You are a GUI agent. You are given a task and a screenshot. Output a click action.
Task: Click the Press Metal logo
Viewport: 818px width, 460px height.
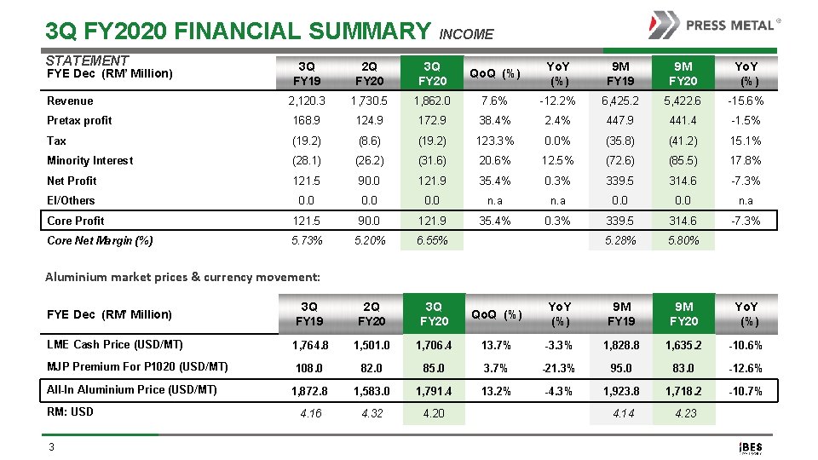[714, 25]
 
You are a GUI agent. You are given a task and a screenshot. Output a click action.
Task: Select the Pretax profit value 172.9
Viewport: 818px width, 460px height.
[434, 120]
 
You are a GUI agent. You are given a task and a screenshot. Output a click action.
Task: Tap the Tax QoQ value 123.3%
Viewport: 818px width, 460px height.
[497, 141]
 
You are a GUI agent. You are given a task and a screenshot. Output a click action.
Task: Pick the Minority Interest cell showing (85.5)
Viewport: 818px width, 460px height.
[683, 160]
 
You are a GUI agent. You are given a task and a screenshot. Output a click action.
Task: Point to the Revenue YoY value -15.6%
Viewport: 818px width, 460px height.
[746, 101]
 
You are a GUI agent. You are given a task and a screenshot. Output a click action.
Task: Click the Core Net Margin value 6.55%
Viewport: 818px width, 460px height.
[434, 240]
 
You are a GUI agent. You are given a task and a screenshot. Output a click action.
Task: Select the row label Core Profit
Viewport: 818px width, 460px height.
[76, 221]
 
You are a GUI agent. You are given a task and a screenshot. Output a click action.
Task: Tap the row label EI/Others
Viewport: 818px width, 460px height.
[71, 200]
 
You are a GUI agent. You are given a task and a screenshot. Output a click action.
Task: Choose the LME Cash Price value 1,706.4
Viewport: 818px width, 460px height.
[434, 345]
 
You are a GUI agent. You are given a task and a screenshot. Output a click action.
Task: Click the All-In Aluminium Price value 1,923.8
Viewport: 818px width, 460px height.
[621, 390]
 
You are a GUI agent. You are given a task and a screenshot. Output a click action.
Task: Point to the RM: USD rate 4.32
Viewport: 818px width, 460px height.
[372, 413]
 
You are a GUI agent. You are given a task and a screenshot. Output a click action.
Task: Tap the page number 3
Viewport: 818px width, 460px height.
[53, 446]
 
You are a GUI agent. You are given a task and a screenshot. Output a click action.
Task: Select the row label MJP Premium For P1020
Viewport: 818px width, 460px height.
[137, 367]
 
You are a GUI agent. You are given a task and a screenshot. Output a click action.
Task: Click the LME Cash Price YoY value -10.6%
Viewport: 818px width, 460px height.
[746, 345]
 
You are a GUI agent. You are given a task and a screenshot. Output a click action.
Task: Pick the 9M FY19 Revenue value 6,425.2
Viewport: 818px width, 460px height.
[621, 101]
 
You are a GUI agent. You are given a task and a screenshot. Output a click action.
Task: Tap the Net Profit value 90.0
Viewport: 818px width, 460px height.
[372, 181]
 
